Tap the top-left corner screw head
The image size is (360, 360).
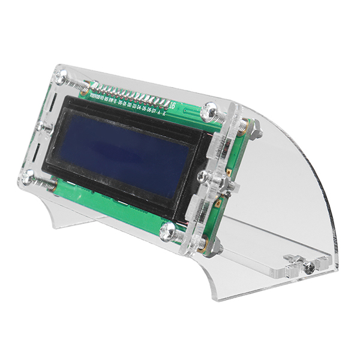(61, 76)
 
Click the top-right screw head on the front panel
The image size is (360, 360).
(212, 110)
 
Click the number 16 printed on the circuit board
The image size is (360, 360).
(173, 106)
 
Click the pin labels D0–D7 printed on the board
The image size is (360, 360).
(138, 107)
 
